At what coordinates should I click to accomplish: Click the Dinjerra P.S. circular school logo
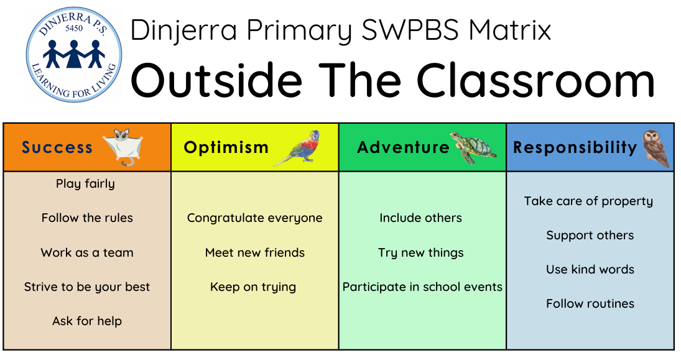coord(74,55)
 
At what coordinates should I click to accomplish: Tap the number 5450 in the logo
coord(74,29)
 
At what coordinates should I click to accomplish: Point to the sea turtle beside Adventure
coord(473,147)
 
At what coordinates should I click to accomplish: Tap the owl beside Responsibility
coord(656,148)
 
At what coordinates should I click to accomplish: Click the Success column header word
coord(57,147)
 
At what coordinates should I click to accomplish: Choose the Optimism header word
coord(226,147)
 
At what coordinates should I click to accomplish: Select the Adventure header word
coord(403,147)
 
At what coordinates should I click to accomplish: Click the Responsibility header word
coord(575,147)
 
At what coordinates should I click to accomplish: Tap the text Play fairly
coord(86,184)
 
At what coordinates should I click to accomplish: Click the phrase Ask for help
coord(87,321)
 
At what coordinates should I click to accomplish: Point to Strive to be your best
coord(87,287)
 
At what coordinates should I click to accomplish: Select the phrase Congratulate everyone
coord(255,218)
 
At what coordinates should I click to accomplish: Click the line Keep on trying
coord(253,287)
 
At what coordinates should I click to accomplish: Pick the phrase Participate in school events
coord(422,287)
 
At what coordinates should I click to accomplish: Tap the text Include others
coord(421,218)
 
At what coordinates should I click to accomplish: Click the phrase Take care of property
coord(588,201)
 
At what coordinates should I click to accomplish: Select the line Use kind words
coord(590,269)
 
